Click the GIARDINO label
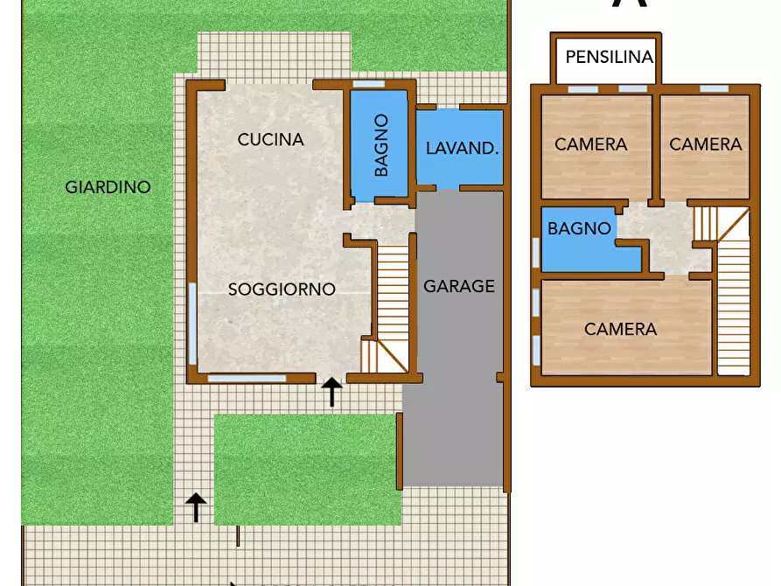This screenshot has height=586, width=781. click(x=108, y=187)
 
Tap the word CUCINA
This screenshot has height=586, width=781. click(x=270, y=139)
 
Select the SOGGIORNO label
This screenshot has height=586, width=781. click(x=282, y=290)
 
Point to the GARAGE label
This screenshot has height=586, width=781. click(x=459, y=286)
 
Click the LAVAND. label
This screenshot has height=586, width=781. click(x=462, y=148)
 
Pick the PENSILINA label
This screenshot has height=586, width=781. click(x=610, y=58)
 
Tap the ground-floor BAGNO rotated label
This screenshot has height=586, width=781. click(x=381, y=145)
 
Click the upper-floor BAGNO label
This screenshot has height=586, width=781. click(x=579, y=229)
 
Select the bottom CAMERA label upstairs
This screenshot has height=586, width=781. click(x=620, y=330)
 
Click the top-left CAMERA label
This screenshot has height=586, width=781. click(x=591, y=144)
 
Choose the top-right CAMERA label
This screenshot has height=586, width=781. click(x=705, y=144)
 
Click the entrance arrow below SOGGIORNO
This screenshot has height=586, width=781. click(x=331, y=393)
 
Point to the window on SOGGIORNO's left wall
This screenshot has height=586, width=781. click(x=192, y=324)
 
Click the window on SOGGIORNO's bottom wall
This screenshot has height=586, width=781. click(x=248, y=379)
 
